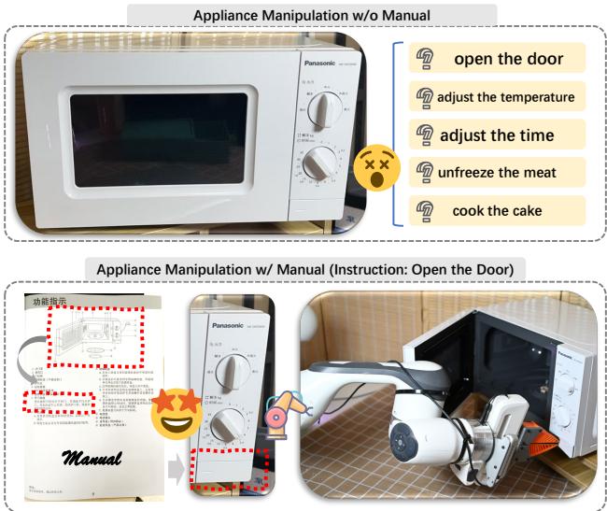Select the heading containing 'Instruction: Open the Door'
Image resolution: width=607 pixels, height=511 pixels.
coord(303,270)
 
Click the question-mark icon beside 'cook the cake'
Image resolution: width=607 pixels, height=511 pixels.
coord(422,210)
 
